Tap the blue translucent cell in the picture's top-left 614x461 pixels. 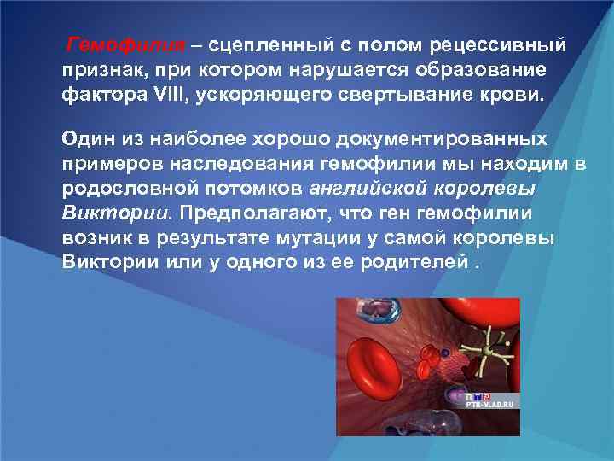(x=375, y=312)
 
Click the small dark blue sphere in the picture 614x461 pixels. (x=444, y=351)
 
